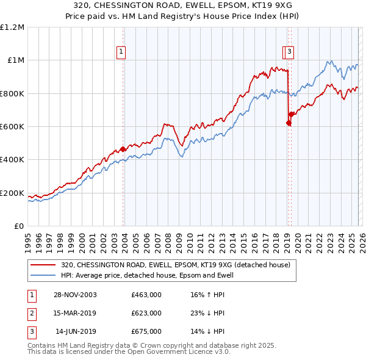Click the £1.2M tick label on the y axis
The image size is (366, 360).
click(12, 27)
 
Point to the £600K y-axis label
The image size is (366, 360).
click(12, 126)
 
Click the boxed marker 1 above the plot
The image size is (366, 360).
click(121, 52)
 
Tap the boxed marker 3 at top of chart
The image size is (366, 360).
click(289, 52)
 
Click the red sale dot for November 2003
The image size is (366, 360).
click(123, 149)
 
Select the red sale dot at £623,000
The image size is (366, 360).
click(289, 123)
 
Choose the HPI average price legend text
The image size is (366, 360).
click(147, 276)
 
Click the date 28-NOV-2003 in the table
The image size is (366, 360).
click(75, 295)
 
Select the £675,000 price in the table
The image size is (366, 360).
click(146, 331)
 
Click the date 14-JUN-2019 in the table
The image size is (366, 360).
click(75, 331)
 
